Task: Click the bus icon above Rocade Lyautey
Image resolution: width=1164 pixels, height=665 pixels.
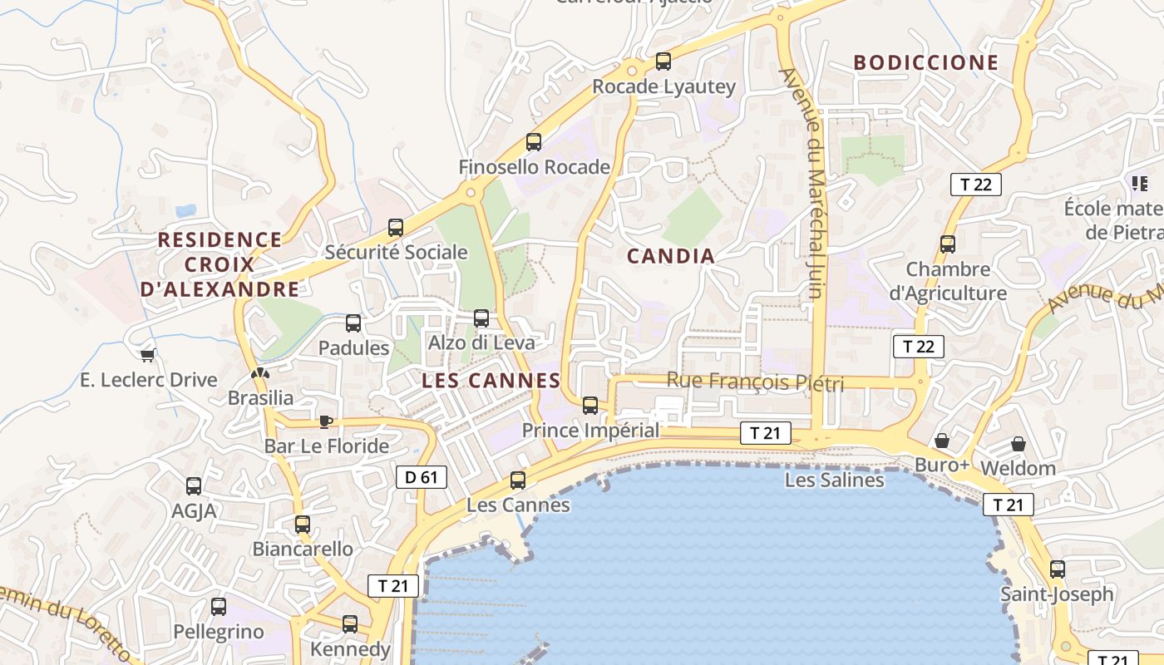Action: pyautogui.click(x=663, y=61)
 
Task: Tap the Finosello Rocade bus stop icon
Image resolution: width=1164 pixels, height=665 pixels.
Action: pyautogui.click(x=534, y=142)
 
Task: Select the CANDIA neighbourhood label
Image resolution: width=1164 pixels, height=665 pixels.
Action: pyautogui.click(x=671, y=256)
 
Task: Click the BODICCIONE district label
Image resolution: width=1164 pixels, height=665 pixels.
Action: pyautogui.click(x=926, y=63)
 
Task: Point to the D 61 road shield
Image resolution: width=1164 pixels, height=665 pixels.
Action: pyautogui.click(x=422, y=477)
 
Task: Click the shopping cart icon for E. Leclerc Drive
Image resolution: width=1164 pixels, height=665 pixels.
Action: pyautogui.click(x=148, y=356)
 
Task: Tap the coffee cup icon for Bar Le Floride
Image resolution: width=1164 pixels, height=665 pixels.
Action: pyautogui.click(x=326, y=421)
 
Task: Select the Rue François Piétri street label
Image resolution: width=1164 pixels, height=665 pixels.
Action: pyautogui.click(x=755, y=382)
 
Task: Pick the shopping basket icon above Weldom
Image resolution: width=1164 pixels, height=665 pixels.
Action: pyautogui.click(x=1018, y=444)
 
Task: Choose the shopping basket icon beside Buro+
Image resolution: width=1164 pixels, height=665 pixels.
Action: pyautogui.click(x=942, y=440)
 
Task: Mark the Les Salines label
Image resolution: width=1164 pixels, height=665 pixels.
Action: pyautogui.click(x=835, y=480)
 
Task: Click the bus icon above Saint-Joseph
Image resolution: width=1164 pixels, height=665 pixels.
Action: pyautogui.click(x=1058, y=569)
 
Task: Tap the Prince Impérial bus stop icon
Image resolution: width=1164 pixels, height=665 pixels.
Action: pyautogui.click(x=590, y=406)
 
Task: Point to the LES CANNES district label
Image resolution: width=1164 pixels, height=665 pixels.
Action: pyautogui.click(x=491, y=381)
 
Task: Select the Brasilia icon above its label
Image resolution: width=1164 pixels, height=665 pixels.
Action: pyautogui.click(x=260, y=374)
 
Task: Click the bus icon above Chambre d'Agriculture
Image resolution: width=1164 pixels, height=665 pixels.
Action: pyautogui.click(x=948, y=244)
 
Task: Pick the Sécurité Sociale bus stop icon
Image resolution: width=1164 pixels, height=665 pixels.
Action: pyautogui.click(x=396, y=228)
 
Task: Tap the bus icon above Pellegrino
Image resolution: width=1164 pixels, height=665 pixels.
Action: pyautogui.click(x=219, y=607)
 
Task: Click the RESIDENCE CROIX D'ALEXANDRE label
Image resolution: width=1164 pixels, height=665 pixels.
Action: pyautogui.click(x=220, y=264)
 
